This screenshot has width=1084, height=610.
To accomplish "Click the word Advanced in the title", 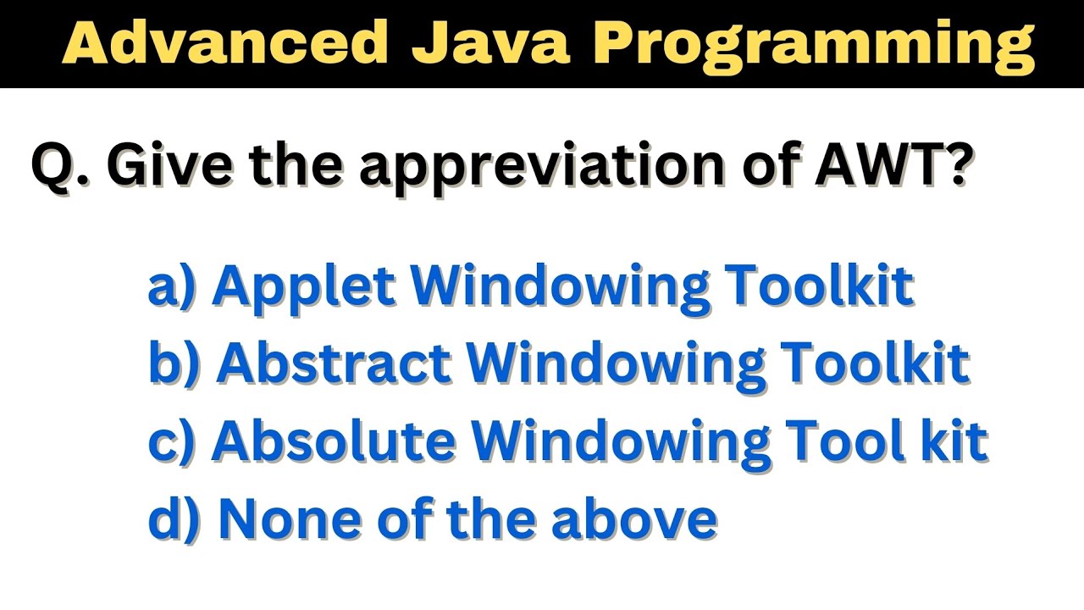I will coord(224,42).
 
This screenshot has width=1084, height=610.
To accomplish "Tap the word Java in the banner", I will coord(490,42).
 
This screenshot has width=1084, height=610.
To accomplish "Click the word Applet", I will coord(306,286).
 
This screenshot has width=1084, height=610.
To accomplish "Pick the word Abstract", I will coord(334,363).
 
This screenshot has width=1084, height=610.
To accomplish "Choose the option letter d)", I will coord(174,518).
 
